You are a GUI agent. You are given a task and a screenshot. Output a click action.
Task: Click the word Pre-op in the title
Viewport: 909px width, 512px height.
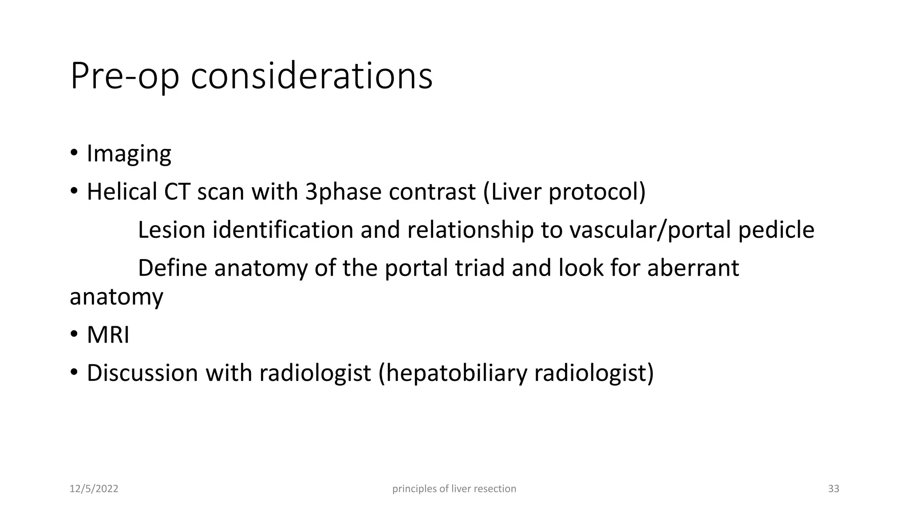click(125, 76)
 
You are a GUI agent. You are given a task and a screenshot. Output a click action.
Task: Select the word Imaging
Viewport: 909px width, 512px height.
click(129, 154)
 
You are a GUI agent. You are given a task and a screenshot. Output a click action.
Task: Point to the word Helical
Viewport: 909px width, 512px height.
click(122, 192)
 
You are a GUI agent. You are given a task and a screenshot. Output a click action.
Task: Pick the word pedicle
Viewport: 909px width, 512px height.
click(776, 230)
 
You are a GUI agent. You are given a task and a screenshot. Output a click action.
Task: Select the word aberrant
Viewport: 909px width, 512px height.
click(693, 268)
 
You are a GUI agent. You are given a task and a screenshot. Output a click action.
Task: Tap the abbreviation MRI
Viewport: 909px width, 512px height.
click(108, 335)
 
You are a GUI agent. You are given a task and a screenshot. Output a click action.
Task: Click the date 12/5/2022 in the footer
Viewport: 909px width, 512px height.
click(94, 489)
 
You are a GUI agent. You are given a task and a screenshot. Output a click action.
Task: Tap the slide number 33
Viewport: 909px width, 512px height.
click(834, 489)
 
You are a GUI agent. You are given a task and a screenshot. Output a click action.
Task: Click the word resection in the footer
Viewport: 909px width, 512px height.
click(495, 489)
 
